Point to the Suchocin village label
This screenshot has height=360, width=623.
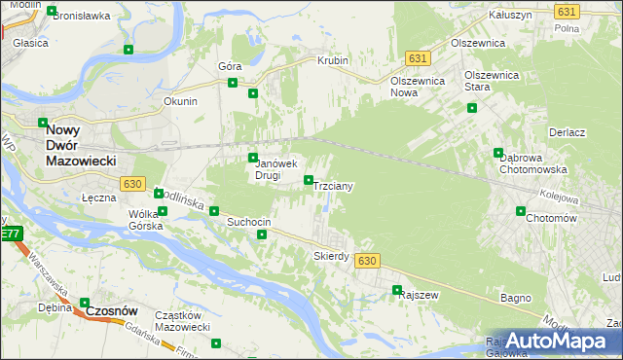pyautogui.click(x=248, y=223)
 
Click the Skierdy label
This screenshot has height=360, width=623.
pyautogui.click(x=331, y=256)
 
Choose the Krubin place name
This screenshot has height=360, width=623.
pyautogui.click(x=333, y=60)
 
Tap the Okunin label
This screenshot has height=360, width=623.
pyautogui.click(x=181, y=101)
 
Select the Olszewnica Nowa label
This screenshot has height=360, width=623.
pyautogui.click(x=417, y=87)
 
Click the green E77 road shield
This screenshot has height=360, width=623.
pyautogui.click(x=11, y=234)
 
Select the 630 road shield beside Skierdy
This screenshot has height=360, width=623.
pyautogui.click(x=366, y=261)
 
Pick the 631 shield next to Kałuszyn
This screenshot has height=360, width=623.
pyautogui.click(x=568, y=11)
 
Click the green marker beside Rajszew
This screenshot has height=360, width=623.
pyautogui.click(x=397, y=290)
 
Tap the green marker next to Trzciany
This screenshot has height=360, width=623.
pyautogui.click(x=309, y=180)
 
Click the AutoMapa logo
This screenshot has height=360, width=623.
pyautogui.click(x=552, y=342)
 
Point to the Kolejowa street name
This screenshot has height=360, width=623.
pyautogui.click(x=559, y=198)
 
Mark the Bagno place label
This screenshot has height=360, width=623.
pyautogui.click(x=514, y=297)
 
